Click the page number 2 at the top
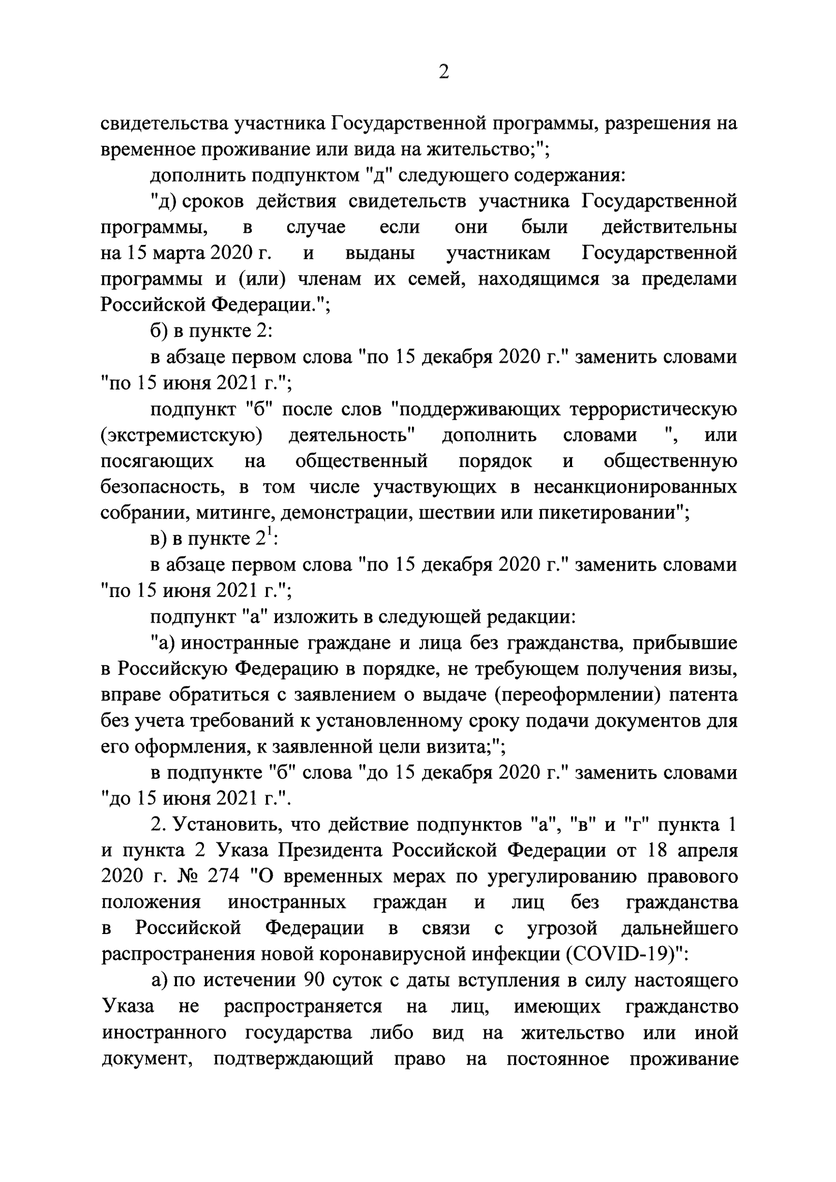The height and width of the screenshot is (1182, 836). click(x=444, y=72)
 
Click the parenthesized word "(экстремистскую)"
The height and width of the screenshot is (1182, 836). click(x=182, y=435)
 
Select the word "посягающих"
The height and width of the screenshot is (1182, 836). click(x=158, y=461)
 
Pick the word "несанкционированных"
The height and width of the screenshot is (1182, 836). click(x=636, y=487)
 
